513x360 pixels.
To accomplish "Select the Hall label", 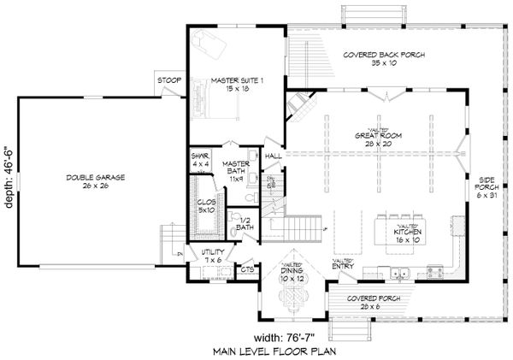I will pyautogui.click(x=274, y=156).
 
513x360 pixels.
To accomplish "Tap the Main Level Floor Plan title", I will pyautogui.click(x=275, y=351).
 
